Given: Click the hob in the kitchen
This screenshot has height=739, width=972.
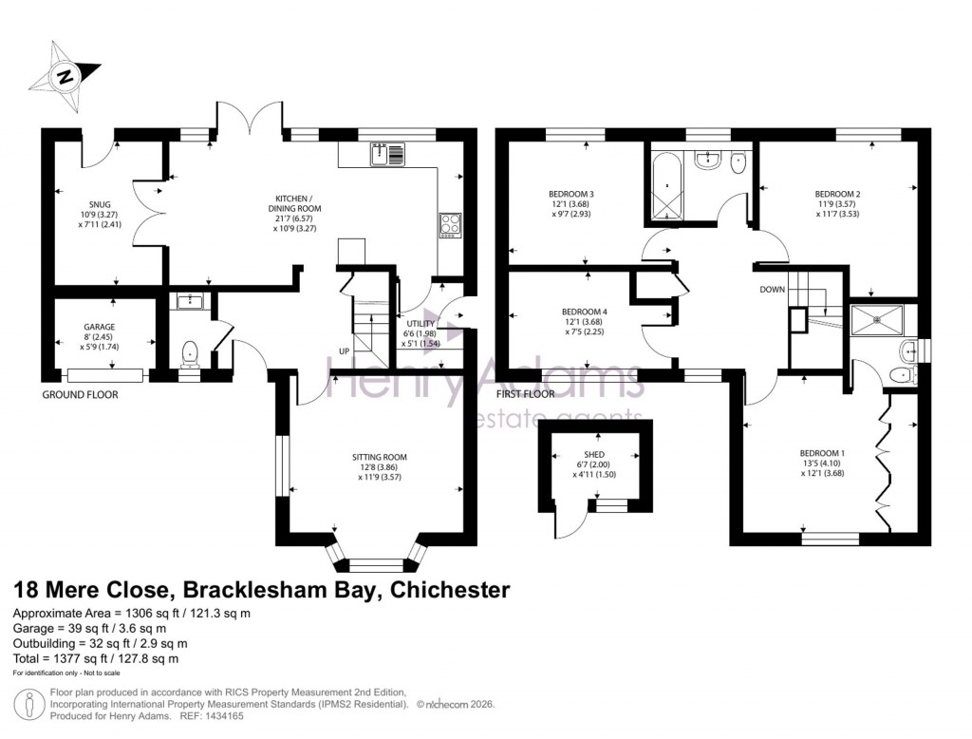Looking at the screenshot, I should pos(450,224).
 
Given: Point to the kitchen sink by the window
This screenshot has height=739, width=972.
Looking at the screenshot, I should pos(389,152).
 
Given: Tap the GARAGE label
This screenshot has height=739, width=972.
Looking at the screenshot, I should pos(99,326).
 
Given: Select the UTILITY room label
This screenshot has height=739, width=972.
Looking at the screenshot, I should pos(421,324).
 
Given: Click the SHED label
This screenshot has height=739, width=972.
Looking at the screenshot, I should pos(594,454).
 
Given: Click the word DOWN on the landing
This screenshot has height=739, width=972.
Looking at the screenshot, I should pos(771,290).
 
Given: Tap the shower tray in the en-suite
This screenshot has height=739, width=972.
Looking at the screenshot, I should pos(876,320).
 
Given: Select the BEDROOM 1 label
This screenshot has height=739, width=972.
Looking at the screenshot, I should pos(822,452).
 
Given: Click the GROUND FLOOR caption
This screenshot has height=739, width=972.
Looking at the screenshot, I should pos(80,394).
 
